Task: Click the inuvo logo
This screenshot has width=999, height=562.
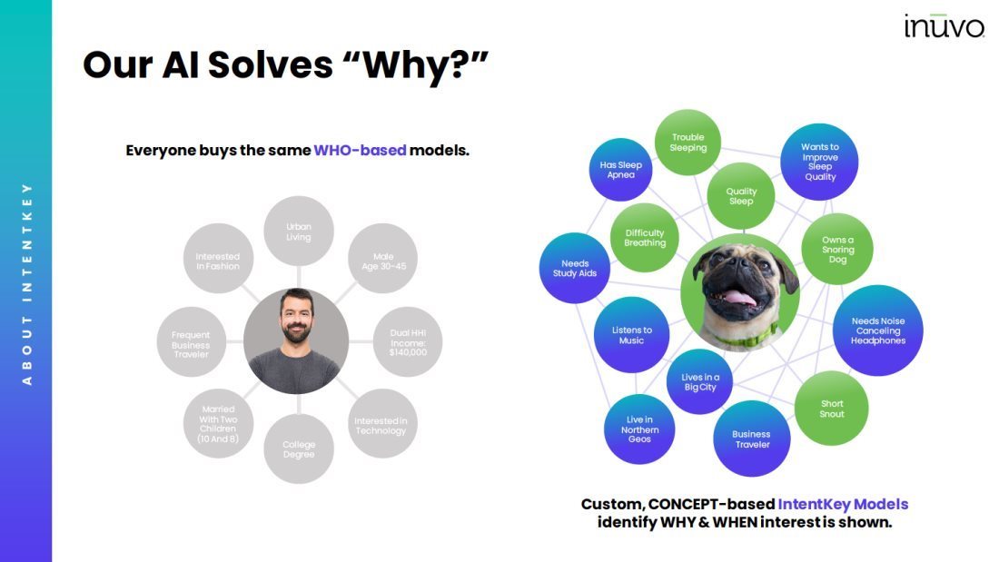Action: (944, 25)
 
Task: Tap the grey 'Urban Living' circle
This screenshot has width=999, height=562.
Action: (299, 232)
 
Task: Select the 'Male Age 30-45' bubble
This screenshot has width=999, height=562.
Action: (383, 258)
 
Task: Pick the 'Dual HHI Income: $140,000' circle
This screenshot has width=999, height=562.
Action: (408, 342)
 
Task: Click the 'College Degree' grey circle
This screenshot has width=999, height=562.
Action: (299, 449)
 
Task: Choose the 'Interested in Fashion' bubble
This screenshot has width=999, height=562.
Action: (219, 258)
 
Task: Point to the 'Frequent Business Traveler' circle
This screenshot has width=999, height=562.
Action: (191, 342)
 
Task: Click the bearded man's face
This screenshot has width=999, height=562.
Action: (296, 317)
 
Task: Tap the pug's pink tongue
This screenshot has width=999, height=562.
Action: (739, 298)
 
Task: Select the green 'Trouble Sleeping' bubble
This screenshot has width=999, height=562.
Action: (688, 143)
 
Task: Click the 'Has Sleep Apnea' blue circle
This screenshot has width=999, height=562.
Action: (620, 170)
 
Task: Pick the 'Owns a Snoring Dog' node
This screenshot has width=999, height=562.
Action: (837, 249)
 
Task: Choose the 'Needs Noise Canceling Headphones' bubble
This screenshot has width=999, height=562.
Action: (878, 330)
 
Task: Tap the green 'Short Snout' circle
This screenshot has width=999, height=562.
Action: (831, 409)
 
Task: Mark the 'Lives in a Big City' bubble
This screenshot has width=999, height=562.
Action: (699, 381)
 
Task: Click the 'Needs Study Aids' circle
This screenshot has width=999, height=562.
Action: (575, 268)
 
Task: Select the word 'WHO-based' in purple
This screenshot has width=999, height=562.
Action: (360, 151)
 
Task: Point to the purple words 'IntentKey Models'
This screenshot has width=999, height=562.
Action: (843, 504)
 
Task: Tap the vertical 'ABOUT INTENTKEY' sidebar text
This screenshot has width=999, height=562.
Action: (26, 284)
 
